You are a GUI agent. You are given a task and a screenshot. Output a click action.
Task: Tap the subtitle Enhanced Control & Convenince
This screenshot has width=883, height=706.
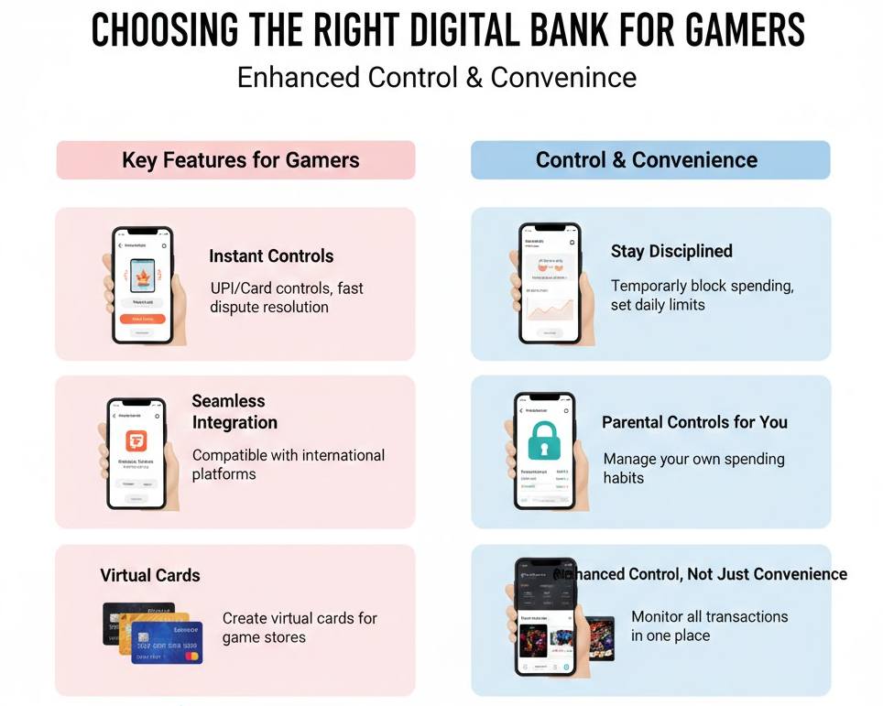point(436,77)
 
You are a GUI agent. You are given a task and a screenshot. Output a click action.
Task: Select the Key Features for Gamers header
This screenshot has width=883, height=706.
point(240,160)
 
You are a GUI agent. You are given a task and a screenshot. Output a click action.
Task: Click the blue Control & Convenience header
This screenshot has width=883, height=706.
point(647,160)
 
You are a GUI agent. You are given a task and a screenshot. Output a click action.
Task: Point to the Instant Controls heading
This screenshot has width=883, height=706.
point(271,256)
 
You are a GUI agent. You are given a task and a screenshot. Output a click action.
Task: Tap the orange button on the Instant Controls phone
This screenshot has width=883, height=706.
point(142,319)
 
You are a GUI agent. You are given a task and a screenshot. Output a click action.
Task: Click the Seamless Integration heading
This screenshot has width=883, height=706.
point(234,412)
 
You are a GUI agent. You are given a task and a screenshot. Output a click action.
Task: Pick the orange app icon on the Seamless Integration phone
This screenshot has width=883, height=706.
point(136,441)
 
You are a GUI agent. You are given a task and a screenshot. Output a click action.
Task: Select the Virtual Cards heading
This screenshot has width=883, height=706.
point(150,576)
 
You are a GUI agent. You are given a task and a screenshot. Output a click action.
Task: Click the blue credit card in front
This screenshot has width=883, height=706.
point(168,644)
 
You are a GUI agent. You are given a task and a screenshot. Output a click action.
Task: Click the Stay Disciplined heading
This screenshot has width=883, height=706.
point(671,251)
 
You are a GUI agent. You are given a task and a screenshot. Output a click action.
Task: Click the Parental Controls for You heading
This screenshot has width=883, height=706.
point(694,422)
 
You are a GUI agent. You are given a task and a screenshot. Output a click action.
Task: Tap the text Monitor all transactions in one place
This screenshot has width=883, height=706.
point(709,625)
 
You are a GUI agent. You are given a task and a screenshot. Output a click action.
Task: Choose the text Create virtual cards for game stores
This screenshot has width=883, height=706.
point(300,627)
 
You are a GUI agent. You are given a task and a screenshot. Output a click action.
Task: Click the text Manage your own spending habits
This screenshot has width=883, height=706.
point(693,468)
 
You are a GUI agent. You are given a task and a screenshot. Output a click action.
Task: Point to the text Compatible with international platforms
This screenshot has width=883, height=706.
point(288,464)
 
